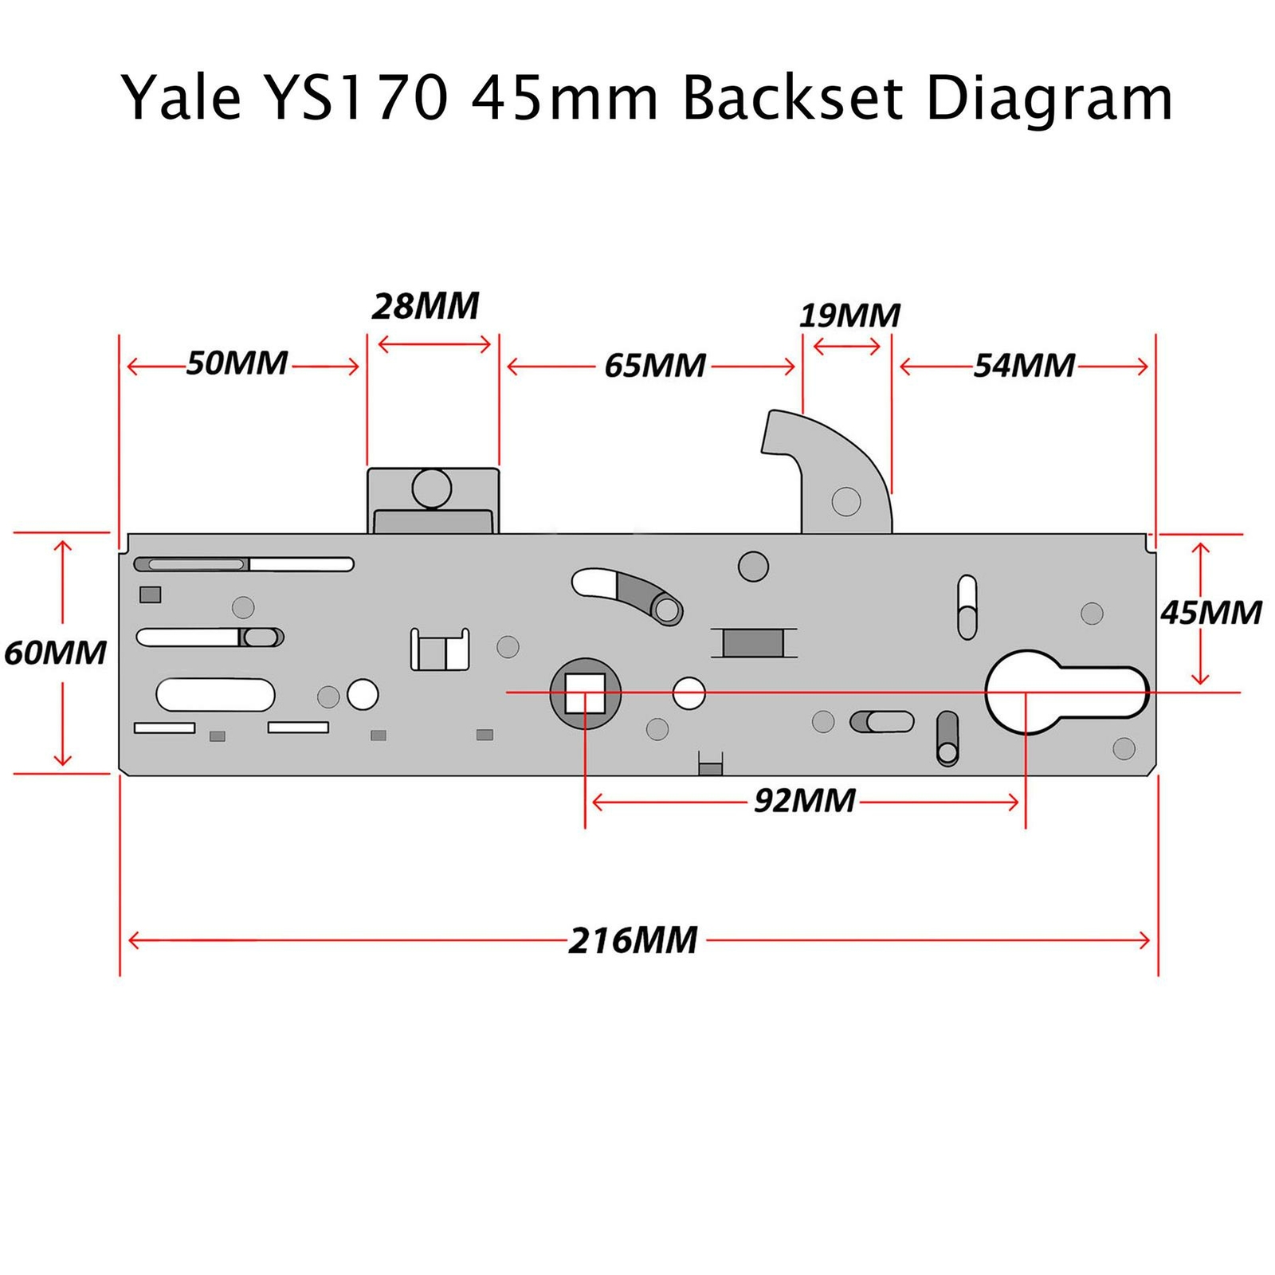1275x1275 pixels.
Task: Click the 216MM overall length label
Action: [634, 940]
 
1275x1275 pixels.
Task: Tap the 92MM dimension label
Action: [805, 800]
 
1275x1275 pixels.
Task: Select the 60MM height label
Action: [55, 653]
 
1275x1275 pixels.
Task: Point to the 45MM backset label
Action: [1210, 613]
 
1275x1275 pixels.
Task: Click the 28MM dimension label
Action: [426, 306]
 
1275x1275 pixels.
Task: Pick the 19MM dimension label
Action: [849, 316]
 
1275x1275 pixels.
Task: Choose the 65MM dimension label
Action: [654, 366]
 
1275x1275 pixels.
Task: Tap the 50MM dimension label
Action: [237, 363]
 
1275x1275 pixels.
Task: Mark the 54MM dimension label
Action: [1024, 366]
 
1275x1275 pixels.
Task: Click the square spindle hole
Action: [585, 692]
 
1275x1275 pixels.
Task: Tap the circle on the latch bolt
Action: [432, 488]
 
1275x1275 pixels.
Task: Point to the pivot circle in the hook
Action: [845, 501]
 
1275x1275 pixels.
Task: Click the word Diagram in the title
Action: [1049, 99]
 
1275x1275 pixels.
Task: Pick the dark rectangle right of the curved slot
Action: [753, 642]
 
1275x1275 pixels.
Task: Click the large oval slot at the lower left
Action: [215, 694]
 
